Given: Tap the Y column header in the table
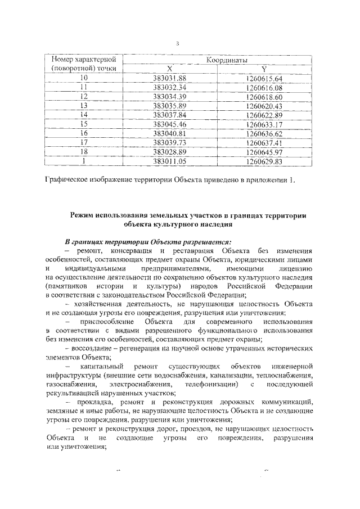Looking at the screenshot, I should coord(263,69).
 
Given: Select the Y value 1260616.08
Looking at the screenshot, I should coord(264,87).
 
